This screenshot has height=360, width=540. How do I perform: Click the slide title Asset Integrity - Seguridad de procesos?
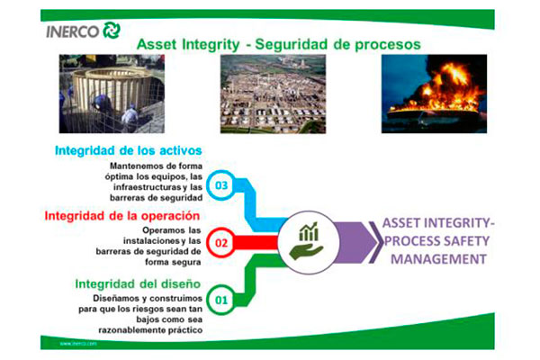click(277, 44)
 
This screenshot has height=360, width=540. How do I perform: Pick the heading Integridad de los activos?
click(128, 150)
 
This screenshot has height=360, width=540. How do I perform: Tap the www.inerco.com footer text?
click(78, 343)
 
